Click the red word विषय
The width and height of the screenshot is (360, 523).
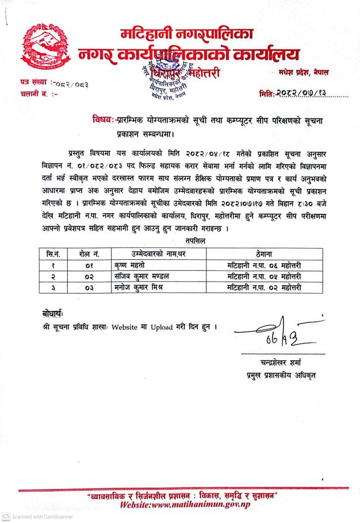[102, 120]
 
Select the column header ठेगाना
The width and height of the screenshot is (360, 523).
[264, 253]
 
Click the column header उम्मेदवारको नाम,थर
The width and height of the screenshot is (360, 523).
[151, 253]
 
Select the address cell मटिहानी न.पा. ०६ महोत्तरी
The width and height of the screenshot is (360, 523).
[264, 265]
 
